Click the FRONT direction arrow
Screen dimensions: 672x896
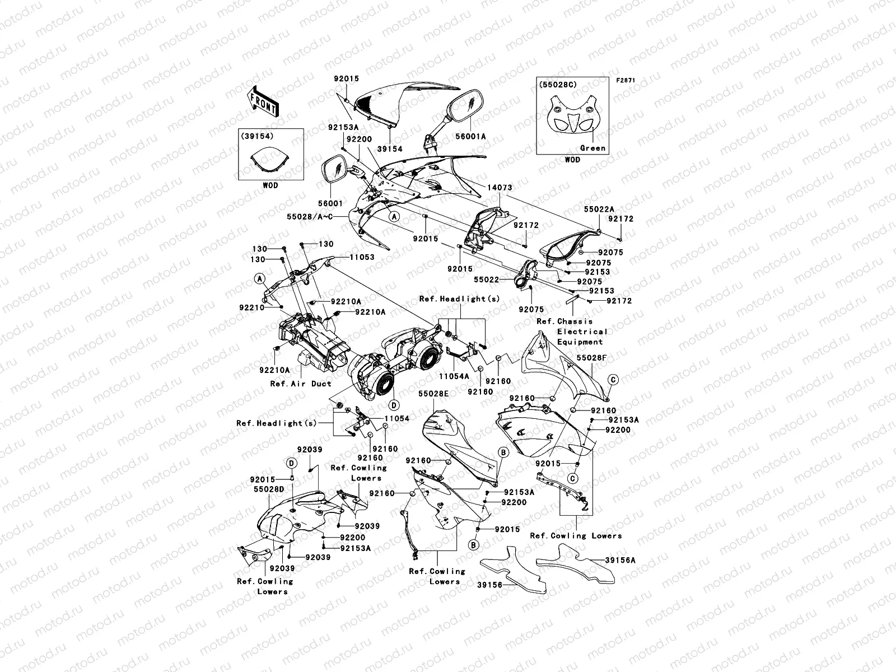pos(263,101)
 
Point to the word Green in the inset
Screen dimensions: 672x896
pos(592,148)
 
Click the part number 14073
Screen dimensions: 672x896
pos(500,188)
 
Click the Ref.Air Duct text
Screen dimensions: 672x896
pos(301,384)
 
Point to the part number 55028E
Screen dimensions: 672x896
pos(433,394)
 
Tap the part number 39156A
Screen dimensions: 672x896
pos(620,559)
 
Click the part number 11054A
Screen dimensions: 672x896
pos(454,377)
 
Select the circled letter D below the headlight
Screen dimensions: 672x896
pos(393,404)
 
